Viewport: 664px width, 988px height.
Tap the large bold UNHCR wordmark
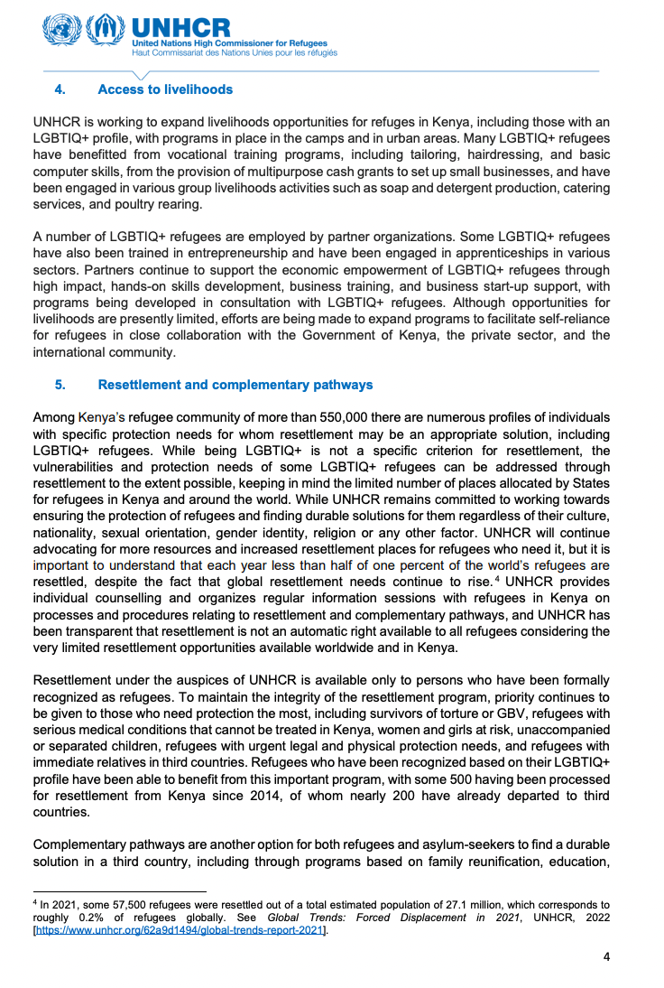180,27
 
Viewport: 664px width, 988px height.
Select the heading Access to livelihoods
165,89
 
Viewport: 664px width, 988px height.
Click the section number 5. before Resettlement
60,385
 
